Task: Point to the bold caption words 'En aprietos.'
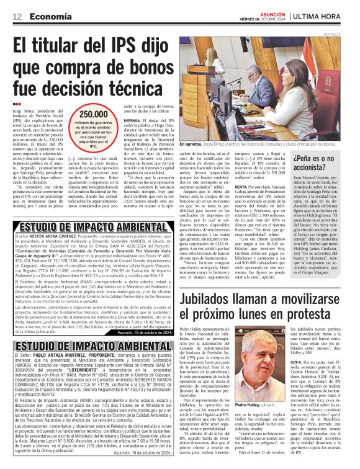click(x=190, y=143)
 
